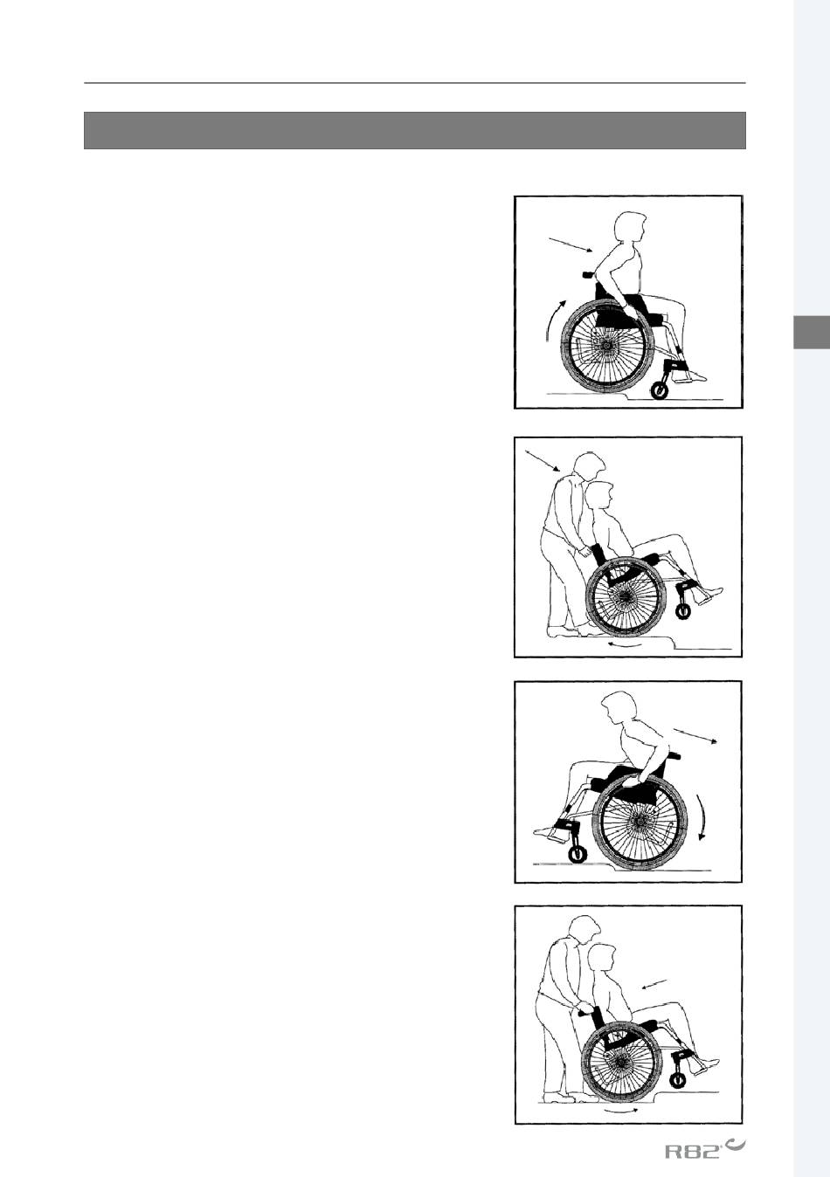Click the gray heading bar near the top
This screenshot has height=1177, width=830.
click(415, 130)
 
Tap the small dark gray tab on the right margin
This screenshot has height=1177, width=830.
click(812, 332)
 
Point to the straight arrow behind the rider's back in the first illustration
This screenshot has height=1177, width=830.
click(571, 245)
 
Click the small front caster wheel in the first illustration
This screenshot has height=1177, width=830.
click(659, 391)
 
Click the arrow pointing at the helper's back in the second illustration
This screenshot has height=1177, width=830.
click(543, 460)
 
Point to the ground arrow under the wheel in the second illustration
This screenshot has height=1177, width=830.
click(624, 644)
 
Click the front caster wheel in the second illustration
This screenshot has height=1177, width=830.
click(683, 611)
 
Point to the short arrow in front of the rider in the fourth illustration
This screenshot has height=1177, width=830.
click(655, 984)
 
